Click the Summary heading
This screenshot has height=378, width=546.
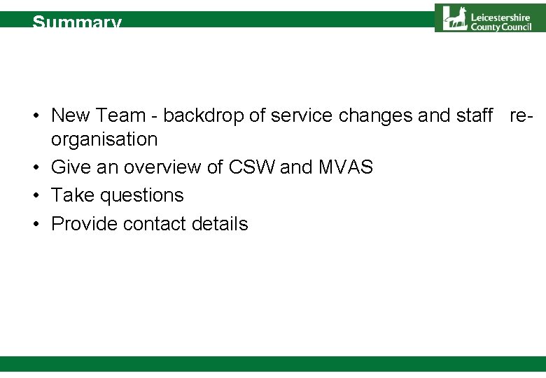point(77,22)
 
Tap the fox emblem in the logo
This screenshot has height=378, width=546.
point(456,17)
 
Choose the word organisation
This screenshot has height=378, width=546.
point(104,139)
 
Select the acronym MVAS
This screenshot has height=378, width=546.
point(346,167)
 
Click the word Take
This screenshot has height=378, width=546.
point(73,195)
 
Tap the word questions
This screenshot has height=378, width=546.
point(142,196)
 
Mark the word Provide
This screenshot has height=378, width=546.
point(84,224)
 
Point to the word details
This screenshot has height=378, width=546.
point(220,224)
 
